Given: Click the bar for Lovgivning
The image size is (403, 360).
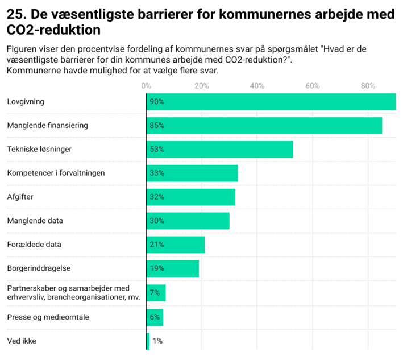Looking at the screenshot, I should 271,102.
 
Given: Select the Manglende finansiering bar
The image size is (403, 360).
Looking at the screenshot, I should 264,125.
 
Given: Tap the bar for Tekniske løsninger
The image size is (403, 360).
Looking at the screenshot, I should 219,149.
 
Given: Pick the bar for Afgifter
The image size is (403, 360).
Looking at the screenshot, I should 190,197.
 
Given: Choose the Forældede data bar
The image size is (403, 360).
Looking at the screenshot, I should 175,245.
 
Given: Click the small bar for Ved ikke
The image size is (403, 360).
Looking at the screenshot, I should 148,341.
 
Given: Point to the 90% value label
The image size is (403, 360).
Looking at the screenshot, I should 157,102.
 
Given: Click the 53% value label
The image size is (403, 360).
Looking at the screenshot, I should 157,150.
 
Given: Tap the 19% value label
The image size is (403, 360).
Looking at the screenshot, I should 157,268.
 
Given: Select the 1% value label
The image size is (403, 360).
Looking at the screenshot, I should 157,341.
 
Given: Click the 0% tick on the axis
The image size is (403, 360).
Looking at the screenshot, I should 146,86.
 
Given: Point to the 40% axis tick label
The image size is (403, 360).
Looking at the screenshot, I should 257,86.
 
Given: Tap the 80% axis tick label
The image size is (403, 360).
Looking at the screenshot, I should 368,86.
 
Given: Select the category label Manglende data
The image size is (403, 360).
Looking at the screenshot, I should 35,221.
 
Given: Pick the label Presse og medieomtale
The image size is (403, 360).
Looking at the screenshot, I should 48,317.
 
